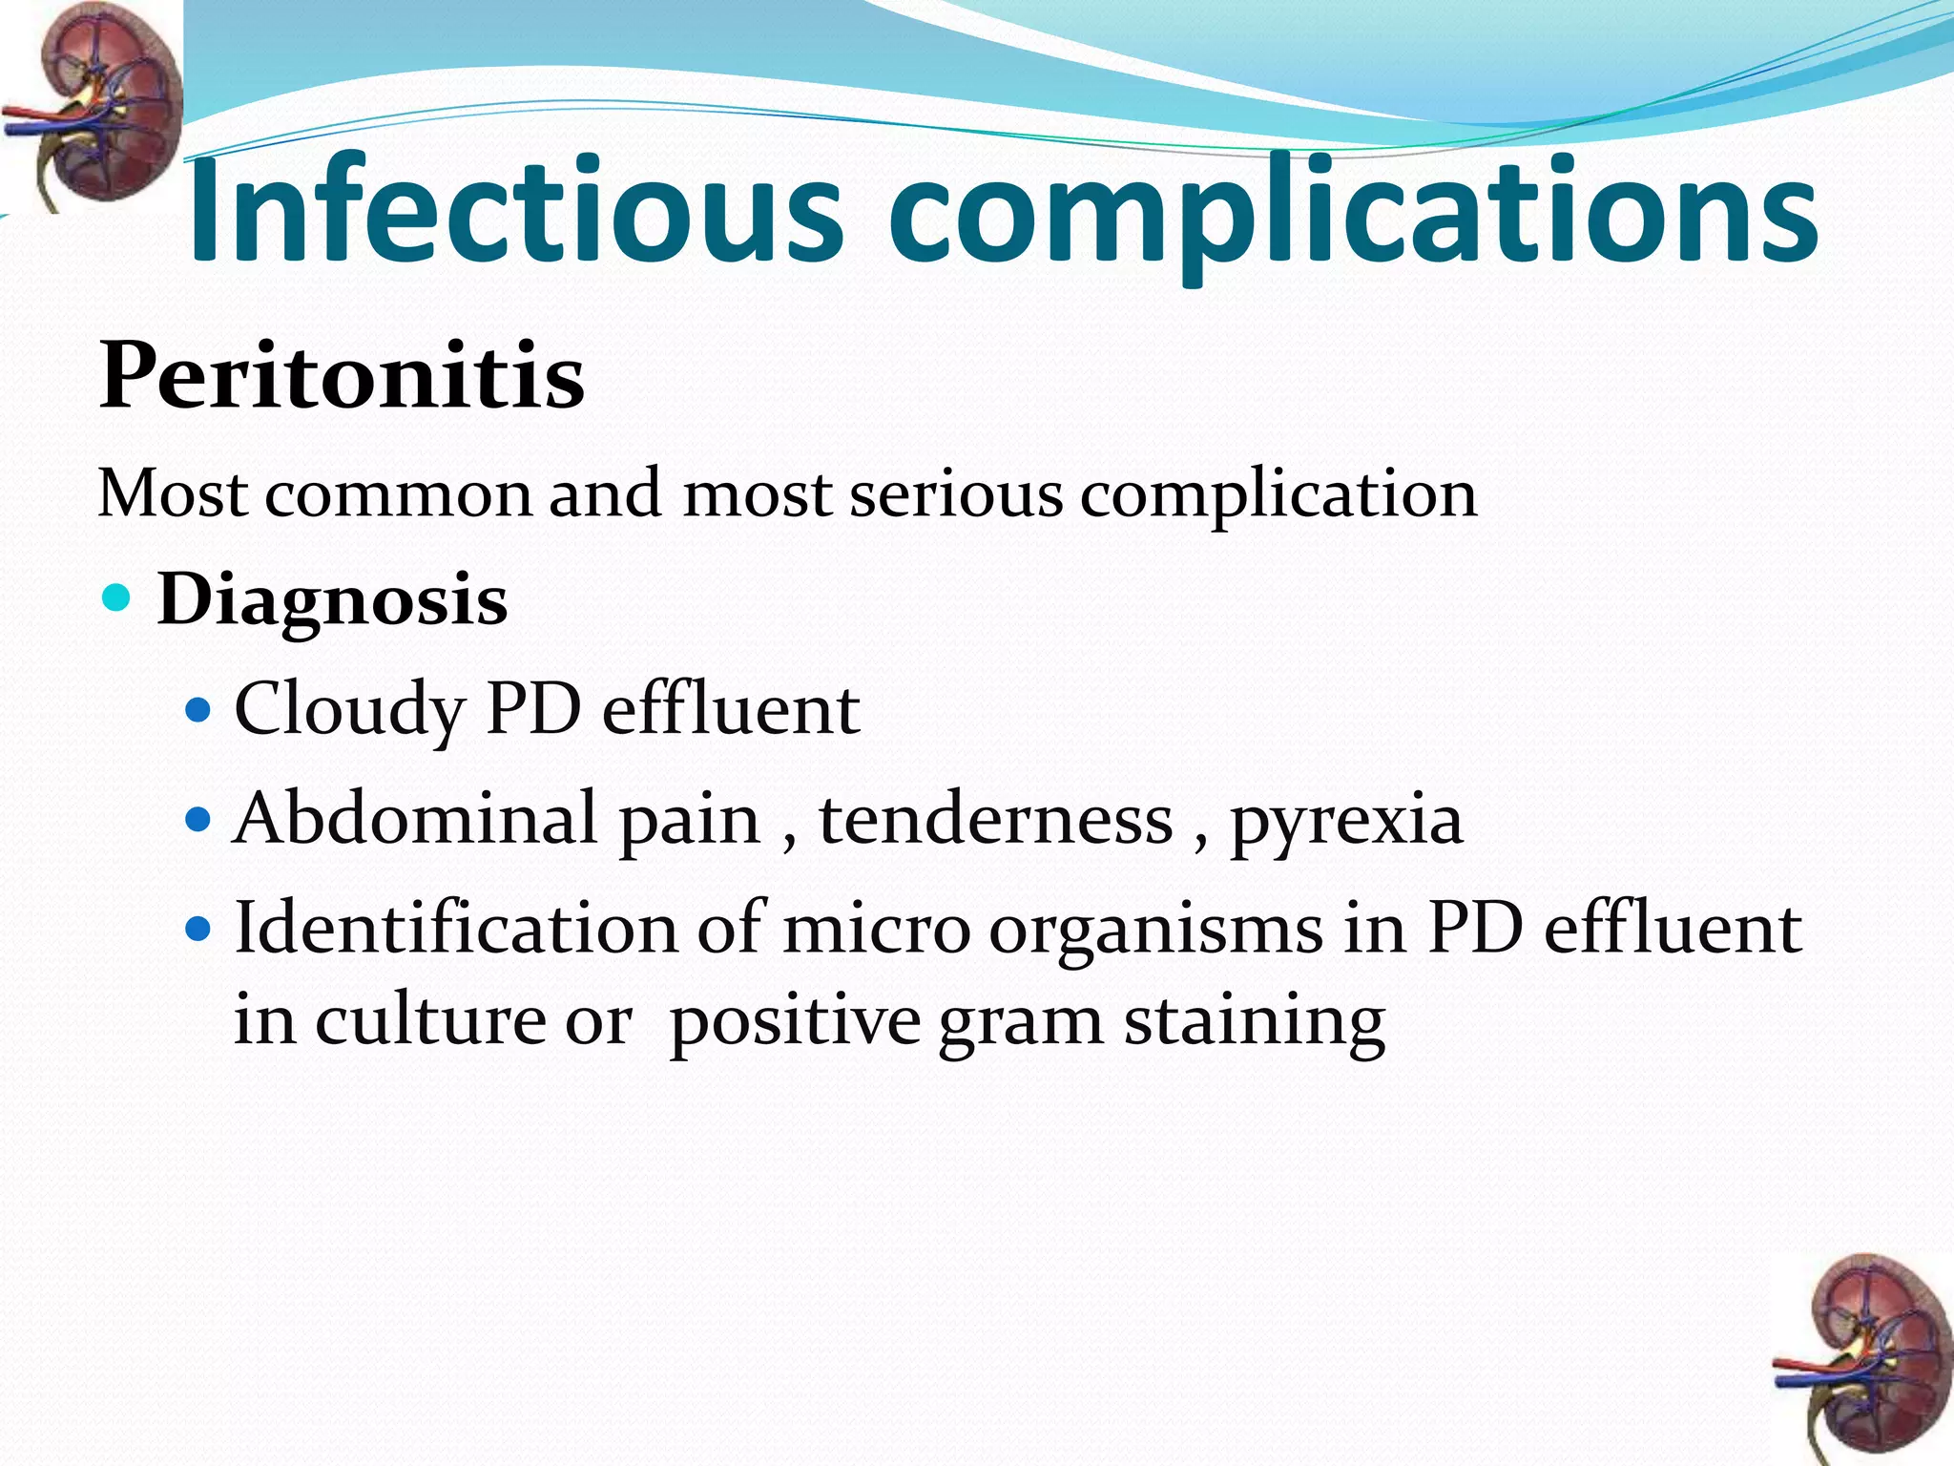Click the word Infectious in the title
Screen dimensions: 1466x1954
[515, 210]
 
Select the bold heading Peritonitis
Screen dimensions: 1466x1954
[342, 376]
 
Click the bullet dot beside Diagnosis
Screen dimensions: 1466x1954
[116, 599]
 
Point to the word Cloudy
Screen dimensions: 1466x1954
[349, 712]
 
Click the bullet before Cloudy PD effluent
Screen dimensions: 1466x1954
[198, 711]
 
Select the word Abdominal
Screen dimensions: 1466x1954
[415, 819]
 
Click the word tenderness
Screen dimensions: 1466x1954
[995, 819]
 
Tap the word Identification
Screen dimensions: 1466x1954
[455, 928]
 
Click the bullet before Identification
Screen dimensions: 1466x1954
[198, 928]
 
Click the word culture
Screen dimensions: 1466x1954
[430, 1020]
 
